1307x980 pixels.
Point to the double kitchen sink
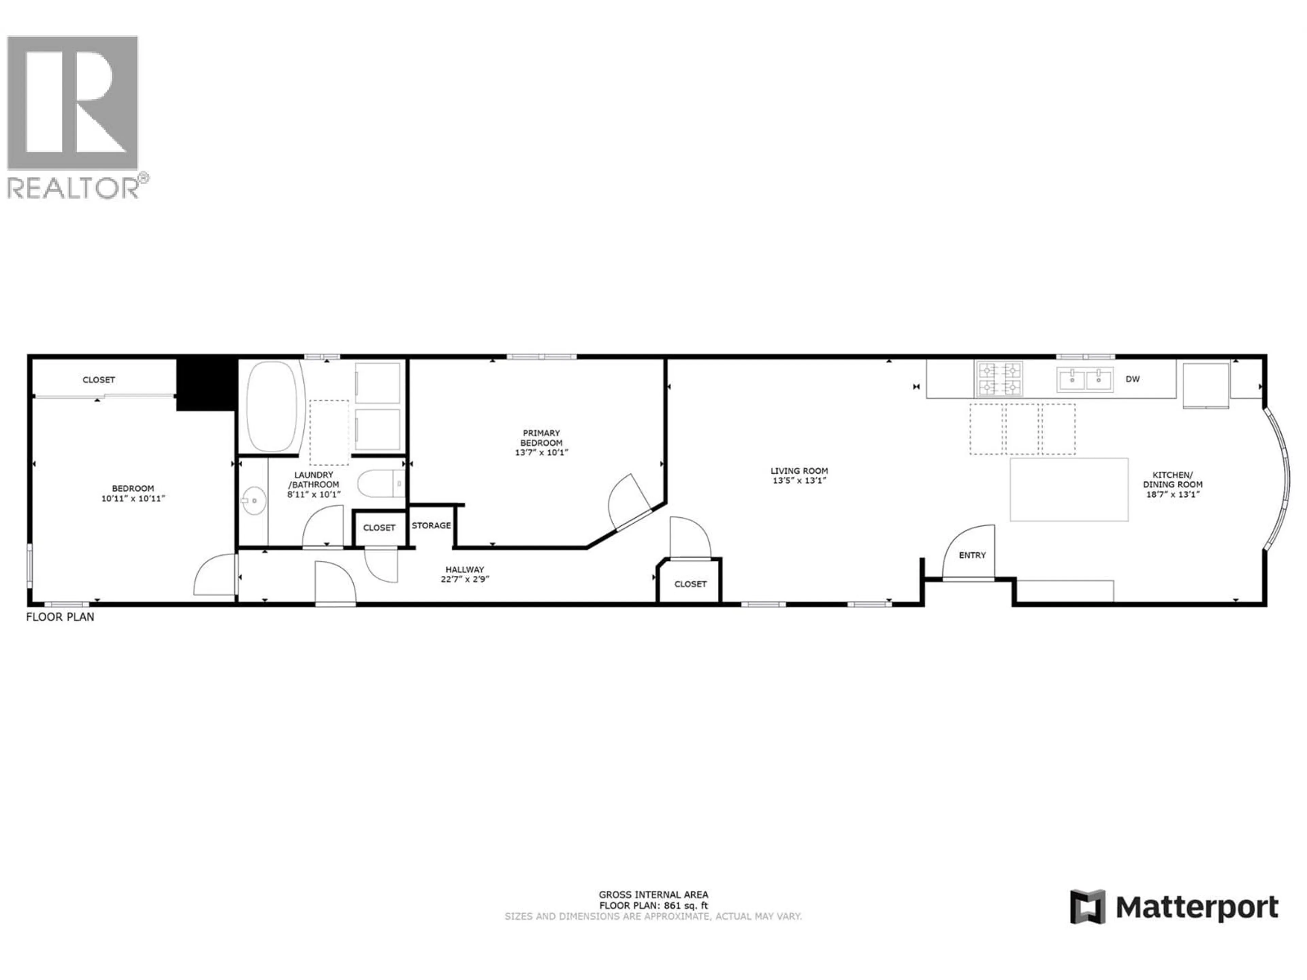pyautogui.click(x=1085, y=379)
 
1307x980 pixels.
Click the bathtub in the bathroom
pyautogui.click(x=272, y=406)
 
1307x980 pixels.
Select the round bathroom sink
pyautogui.click(x=254, y=501)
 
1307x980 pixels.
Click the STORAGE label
pyautogui.click(x=431, y=525)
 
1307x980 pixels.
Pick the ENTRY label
pyautogui.click(x=972, y=555)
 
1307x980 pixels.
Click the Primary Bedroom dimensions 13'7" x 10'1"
pyautogui.click(x=541, y=453)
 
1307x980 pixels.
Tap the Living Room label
pyautogui.click(x=799, y=471)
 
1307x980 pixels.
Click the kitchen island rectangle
pyautogui.click(x=1068, y=490)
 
